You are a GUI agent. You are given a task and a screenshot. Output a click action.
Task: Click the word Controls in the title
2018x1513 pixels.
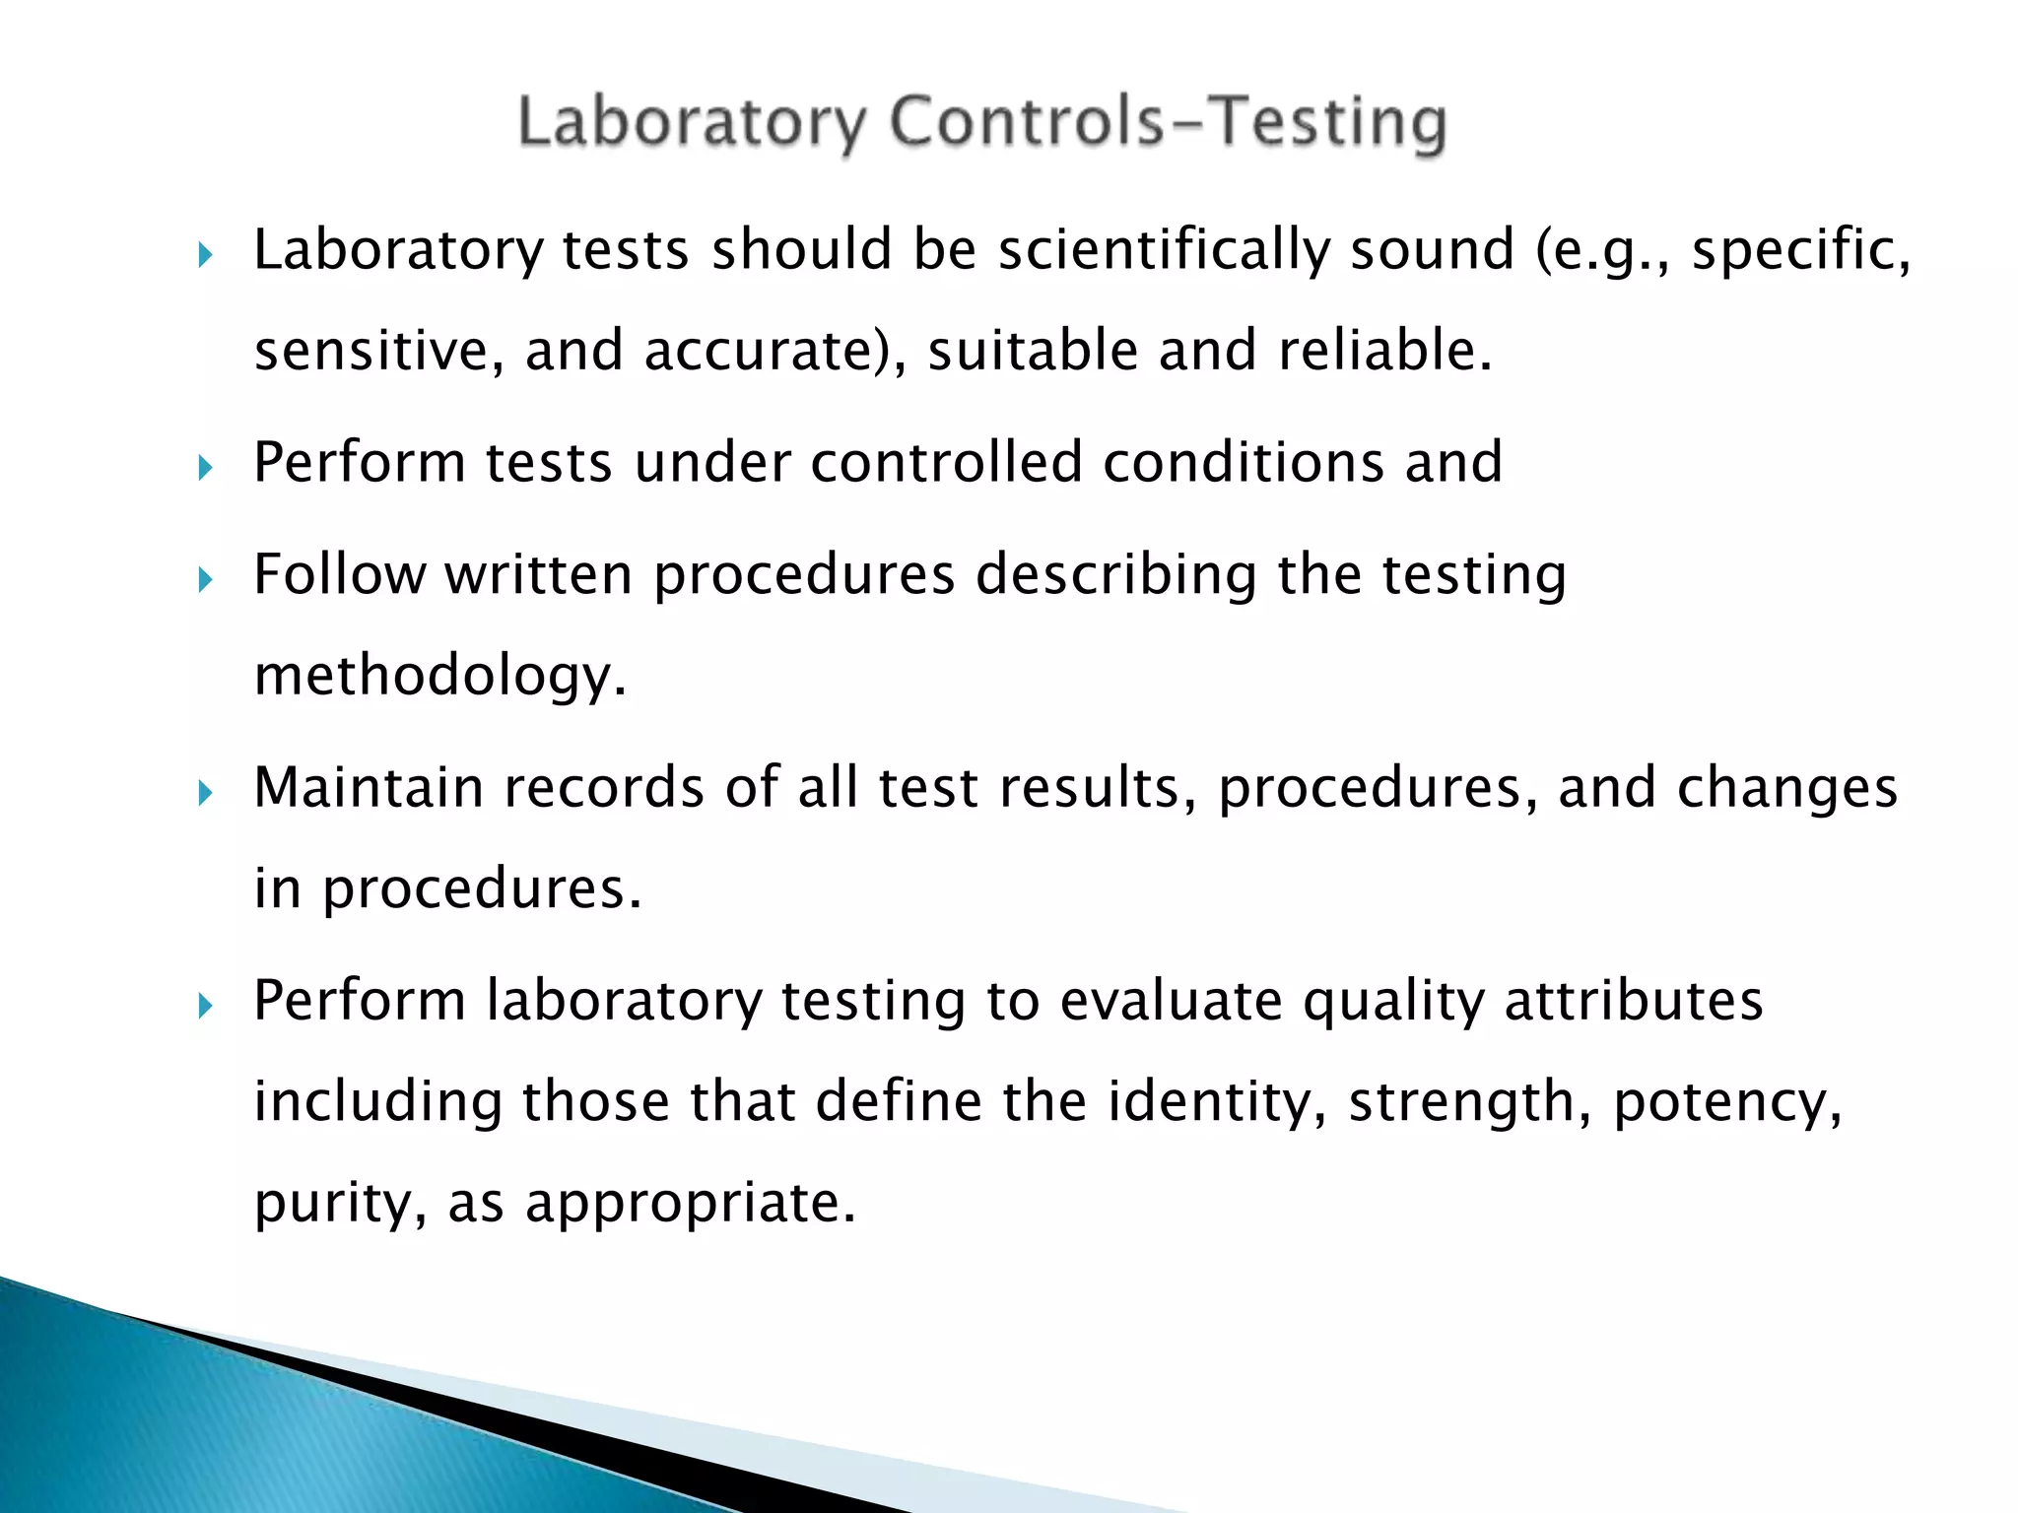[x=1025, y=123]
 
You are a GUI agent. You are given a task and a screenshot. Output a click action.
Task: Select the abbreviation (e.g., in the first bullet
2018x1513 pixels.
[x=1602, y=249]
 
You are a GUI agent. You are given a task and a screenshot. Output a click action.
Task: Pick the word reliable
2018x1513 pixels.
[x=1385, y=351]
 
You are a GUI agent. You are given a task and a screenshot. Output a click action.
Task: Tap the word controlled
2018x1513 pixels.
[x=946, y=462]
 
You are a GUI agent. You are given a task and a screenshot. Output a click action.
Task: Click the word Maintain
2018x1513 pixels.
[x=369, y=788]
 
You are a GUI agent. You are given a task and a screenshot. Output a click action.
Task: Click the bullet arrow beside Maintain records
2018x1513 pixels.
[x=205, y=792]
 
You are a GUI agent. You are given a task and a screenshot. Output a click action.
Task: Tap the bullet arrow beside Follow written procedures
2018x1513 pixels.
[x=205, y=578]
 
